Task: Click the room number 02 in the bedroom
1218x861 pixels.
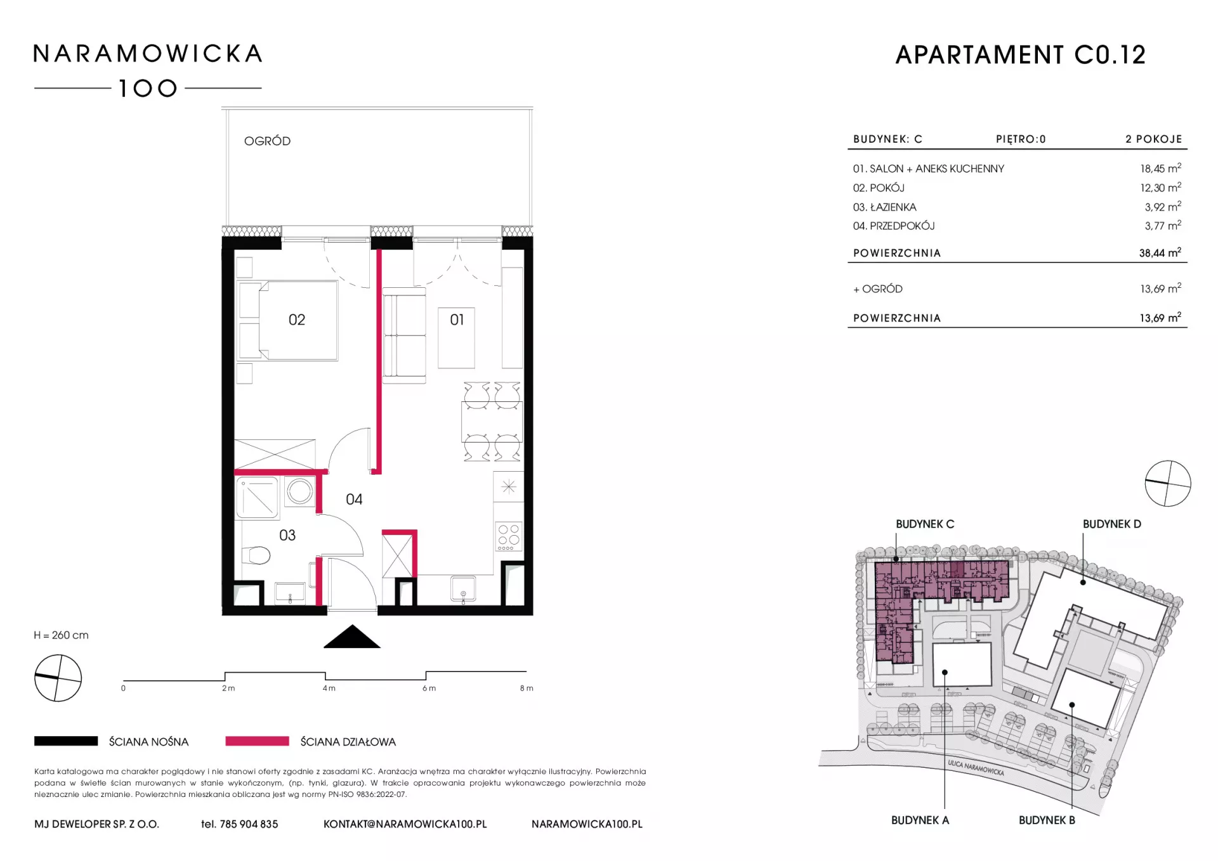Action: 297,320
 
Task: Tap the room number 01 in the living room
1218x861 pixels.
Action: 457,320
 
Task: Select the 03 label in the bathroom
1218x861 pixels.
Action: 287,536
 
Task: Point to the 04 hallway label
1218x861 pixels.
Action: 354,500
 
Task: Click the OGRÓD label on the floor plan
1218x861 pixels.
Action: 267,141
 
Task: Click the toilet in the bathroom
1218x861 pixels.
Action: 257,555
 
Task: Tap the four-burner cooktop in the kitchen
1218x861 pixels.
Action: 509,536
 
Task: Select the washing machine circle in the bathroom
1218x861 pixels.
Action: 299,491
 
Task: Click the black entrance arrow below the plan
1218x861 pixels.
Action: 352,637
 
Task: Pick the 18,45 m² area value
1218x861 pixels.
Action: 1160,168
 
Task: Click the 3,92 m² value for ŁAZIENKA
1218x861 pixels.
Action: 1163,207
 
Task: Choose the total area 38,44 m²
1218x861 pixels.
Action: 1160,252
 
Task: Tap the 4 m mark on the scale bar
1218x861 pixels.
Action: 329,688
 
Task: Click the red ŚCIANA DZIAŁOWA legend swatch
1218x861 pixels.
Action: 257,741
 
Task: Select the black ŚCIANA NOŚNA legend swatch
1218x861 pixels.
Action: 66,741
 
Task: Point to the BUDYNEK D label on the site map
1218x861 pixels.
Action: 1111,524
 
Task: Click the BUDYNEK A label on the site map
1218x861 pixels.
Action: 920,820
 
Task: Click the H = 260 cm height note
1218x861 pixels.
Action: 62,635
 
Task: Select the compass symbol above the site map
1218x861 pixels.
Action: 1168,484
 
